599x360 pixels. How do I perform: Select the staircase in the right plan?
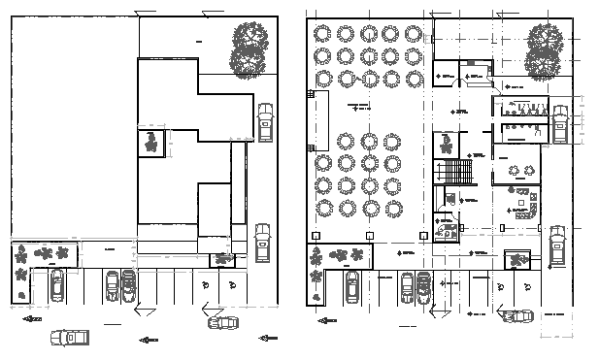[x=454, y=173]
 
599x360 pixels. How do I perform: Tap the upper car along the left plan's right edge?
[x=265, y=123]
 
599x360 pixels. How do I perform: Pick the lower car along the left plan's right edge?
[x=262, y=243]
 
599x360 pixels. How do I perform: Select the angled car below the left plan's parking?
[x=222, y=323]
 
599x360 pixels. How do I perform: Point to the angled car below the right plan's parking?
[x=516, y=318]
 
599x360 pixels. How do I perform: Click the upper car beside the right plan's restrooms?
[x=560, y=124]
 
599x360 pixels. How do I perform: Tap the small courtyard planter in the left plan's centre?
[x=151, y=142]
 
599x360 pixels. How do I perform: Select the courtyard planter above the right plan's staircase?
[x=446, y=145]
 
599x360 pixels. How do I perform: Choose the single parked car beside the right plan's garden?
[x=352, y=284]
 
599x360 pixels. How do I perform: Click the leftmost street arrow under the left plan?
[x=32, y=317]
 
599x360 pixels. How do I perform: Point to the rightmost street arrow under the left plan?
[x=268, y=338]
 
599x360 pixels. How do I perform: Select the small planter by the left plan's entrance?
[x=223, y=259]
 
